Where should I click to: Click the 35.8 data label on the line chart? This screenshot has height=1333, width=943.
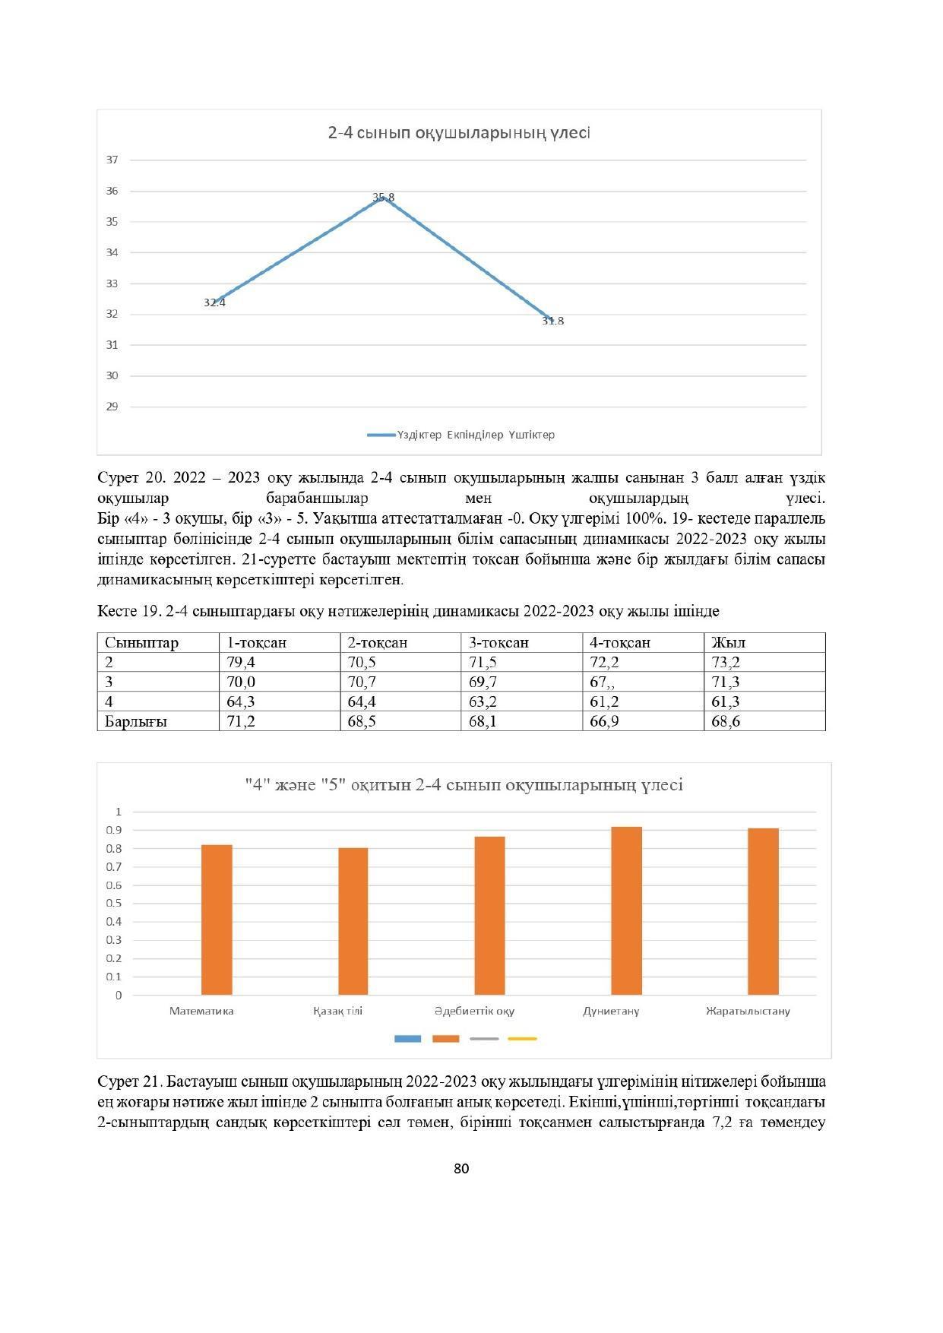coord(383,198)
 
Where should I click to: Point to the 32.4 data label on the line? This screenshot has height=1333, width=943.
coord(214,302)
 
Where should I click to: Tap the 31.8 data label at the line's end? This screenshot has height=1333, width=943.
coord(552,321)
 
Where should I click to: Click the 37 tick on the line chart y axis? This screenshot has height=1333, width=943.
coord(112,160)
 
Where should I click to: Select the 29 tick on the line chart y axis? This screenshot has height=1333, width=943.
coord(112,407)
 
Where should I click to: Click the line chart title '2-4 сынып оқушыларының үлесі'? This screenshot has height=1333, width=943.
coord(459,133)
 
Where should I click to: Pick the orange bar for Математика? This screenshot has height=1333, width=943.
coord(217,920)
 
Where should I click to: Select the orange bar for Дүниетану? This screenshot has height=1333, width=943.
coord(626,910)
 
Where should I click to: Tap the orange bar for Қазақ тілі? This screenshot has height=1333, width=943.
coord(353,921)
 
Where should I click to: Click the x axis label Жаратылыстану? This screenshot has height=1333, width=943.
coord(748,1011)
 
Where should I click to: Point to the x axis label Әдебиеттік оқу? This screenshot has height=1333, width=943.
coord(474,1011)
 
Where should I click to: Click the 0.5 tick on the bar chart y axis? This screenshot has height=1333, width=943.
coord(115,904)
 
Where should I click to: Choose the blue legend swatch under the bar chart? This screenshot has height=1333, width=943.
coord(408,1038)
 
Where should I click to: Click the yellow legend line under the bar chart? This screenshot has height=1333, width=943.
coord(522,1038)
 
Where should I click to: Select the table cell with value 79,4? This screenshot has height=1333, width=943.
coord(241,662)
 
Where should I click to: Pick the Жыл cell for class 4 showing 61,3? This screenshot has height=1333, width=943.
coord(726,701)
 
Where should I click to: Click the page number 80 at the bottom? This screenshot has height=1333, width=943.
coord(461,1169)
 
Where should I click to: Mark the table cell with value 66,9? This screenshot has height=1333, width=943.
coord(605,721)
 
